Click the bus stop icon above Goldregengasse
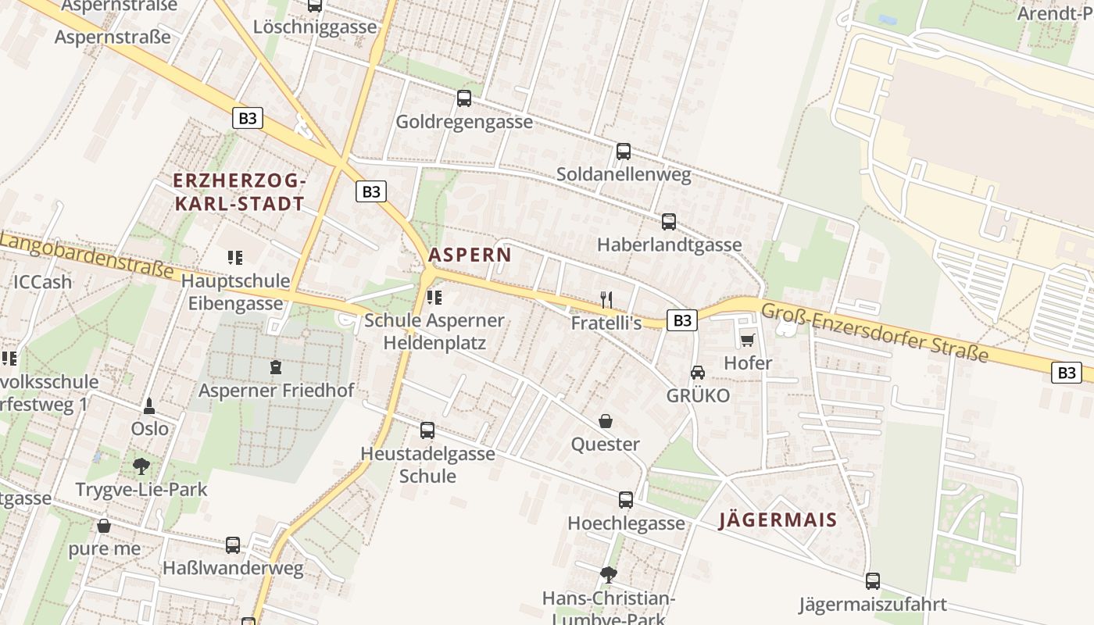point(464,98)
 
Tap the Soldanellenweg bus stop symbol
point(624,152)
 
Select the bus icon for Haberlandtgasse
point(669,222)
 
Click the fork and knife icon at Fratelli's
point(606,298)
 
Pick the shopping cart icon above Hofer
point(748,340)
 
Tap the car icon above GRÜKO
point(697,373)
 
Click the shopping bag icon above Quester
point(606,422)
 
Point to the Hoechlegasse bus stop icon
point(626,500)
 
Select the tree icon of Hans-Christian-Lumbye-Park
point(609,576)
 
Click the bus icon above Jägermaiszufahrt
point(873,581)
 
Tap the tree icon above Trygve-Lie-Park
point(141,466)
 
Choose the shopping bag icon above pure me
point(104,526)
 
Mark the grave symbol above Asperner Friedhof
point(275,366)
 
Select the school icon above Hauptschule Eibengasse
point(235,257)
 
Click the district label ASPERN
point(470,255)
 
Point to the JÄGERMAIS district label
point(778,520)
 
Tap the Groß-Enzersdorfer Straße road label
point(874,333)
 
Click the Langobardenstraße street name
point(86,255)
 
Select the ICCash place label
point(42,282)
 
